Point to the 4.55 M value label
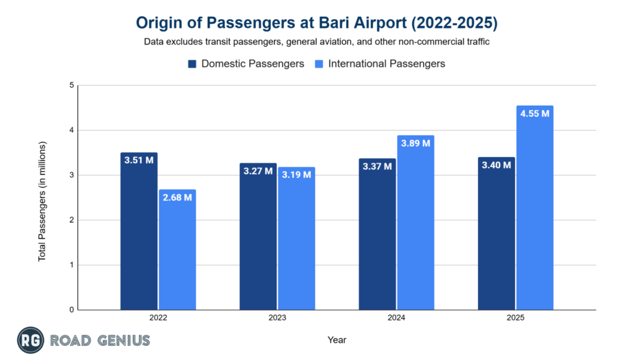click(x=535, y=114)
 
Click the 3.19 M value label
click(x=296, y=176)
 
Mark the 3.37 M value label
click(x=377, y=167)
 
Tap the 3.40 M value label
click(x=496, y=165)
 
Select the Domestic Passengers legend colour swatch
click(x=192, y=64)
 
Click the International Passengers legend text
click(x=386, y=64)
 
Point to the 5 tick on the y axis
click(x=72, y=85)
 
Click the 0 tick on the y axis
click(x=72, y=310)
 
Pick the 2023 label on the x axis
click(x=277, y=318)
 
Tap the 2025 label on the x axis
click(x=516, y=318)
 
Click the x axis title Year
click(x=337, y=340)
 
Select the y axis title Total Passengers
click(x=42, y=197)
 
